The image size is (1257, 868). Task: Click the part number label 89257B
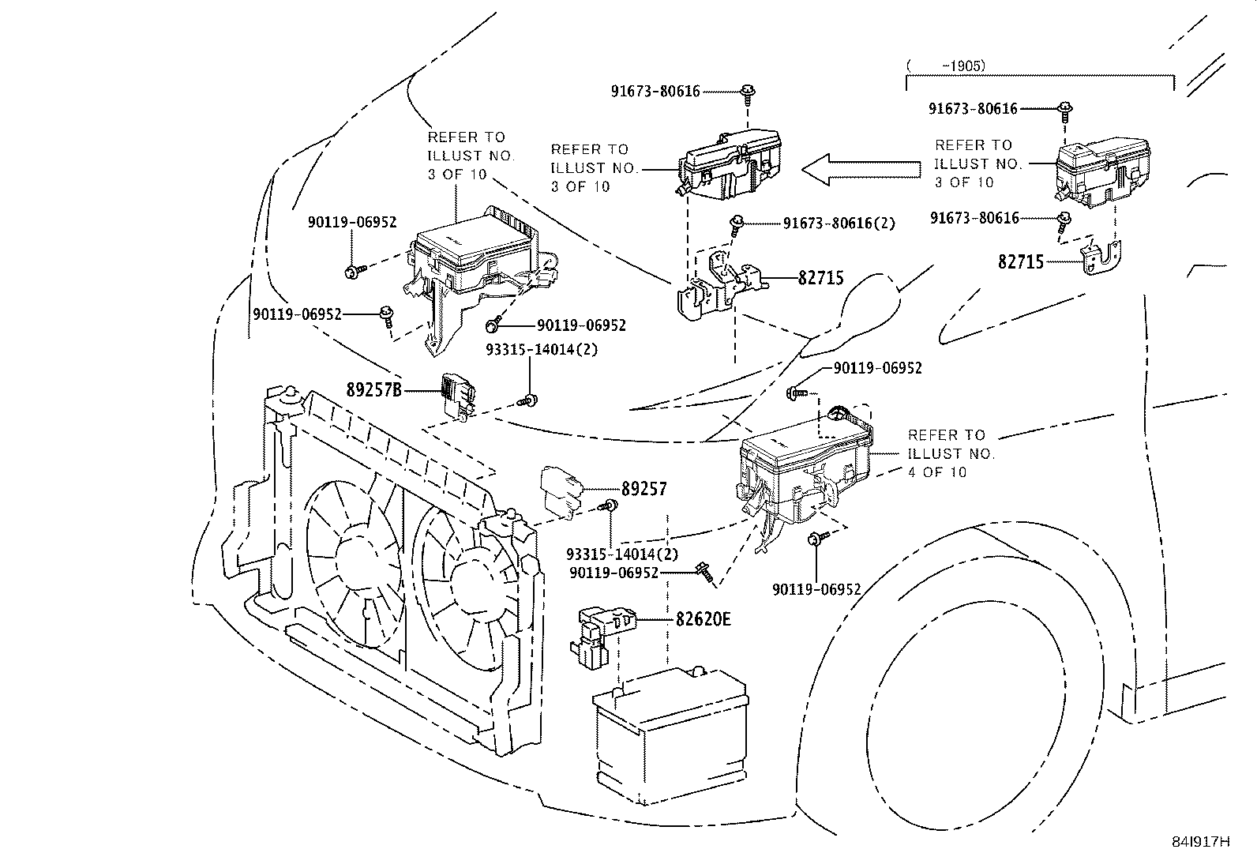pyautogui.click(x=374, y=389)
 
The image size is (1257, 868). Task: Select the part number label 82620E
pyautogui.click(x=703, y=618)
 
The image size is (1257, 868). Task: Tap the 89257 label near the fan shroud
pyautogui.click(x=644, y=489)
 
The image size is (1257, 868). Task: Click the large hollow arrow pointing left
pyautogui.click(x=861, y=168)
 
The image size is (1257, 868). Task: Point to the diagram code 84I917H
pyautogui.click(x=1200, y=841)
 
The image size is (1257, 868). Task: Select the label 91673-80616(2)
pyautogui.click(x=839, y=224)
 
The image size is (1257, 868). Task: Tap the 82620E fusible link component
pyautogui.click(x=602, y=632)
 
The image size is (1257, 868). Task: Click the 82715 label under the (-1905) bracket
pyautogui.click(x=1021, y=261)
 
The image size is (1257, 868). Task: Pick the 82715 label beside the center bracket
pyautogui.click(x=820, y=278)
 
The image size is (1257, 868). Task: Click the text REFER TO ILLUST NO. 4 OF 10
pyautogui.click(x=951, y=453)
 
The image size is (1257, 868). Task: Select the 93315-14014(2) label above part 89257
pyautogui.click(x=541, y=348)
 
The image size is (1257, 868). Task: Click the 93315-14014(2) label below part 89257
pyautogui.click(x=622, y=554)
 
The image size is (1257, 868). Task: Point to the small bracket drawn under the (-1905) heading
pyautogui.click(x=1103, y=257)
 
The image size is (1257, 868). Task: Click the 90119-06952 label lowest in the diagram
pyautogui.click(x=816, y=589)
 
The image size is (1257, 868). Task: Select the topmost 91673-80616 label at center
pyautogui.click(x=655, y=92)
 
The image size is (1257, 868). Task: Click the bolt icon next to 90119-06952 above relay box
pyautogui.click(x=795, y=391)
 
